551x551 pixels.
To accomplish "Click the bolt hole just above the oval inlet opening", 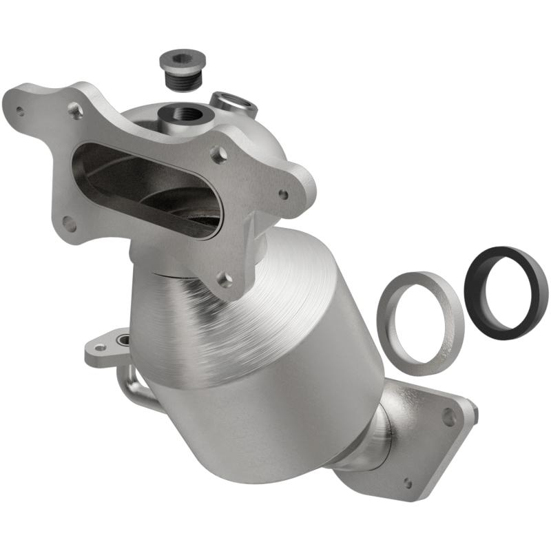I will coord(75,108).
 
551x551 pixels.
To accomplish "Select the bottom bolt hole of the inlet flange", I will coord(225,280).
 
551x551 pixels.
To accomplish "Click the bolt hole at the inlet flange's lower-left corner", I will coord(69,222).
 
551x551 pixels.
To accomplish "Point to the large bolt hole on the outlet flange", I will coord(448,416).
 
